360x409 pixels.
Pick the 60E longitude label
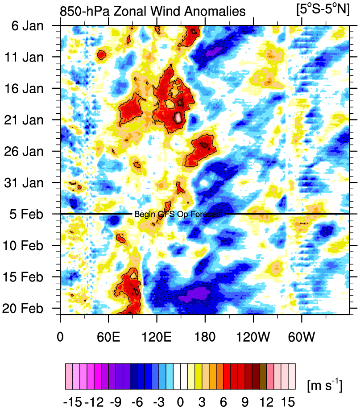pos(108,334)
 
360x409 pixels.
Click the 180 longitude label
pos(205,334)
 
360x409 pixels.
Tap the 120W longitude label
pos(253,334)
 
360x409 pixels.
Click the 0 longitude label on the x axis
pos(60,334)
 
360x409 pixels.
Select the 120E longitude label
pos(157,334)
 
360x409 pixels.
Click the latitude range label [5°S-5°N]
pos(323,10)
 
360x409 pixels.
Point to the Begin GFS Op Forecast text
pos(178,215)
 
